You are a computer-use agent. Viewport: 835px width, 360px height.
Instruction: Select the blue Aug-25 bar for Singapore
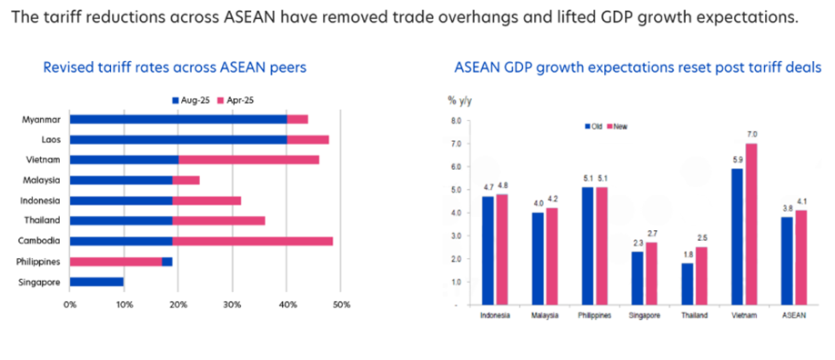[96, 282]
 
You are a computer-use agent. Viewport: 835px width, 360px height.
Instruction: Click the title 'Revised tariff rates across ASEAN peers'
[175, 66]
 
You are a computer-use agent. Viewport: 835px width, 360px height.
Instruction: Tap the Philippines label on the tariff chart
[40, 262]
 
